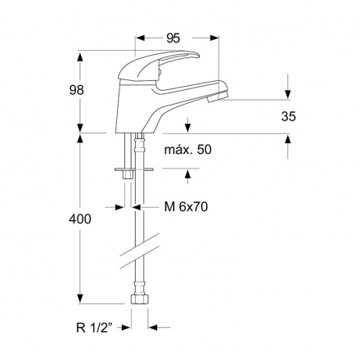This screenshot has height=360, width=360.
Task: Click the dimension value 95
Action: (x=173, y=38)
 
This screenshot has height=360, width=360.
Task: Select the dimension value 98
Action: (x=76, y=90)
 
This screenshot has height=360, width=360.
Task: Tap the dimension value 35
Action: (x=288, y=116)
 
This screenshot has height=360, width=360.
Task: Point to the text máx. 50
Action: (x=187, y=150)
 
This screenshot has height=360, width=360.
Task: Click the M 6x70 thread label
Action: (x=186, y=207)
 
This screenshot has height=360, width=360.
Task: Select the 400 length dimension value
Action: (x=79, y=219)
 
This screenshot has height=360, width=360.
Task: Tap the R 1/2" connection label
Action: (x=94, y=327)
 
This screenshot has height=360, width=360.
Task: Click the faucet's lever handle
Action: (x=159, y=65)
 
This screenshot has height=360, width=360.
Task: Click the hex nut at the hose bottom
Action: (x=140, y=299)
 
